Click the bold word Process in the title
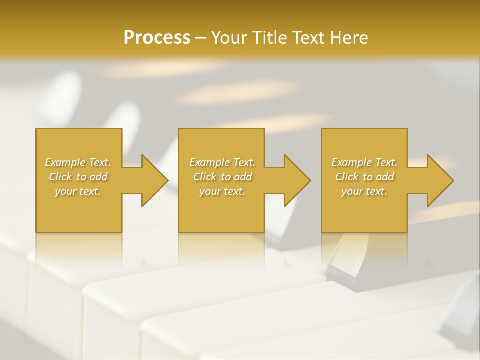(x=157, y=38)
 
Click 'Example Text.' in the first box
(x=78, y=162)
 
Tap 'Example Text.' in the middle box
(x=222, y=162)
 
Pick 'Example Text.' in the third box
(x=364, y=162)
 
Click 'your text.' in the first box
(x=78, y=191)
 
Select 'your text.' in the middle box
(x=222, y=191)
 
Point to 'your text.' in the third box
(x=364, y=191)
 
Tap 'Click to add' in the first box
(x=78, y=177)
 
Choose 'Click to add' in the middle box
(x=222, y=177)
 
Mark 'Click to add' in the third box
(x=364, y=177)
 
